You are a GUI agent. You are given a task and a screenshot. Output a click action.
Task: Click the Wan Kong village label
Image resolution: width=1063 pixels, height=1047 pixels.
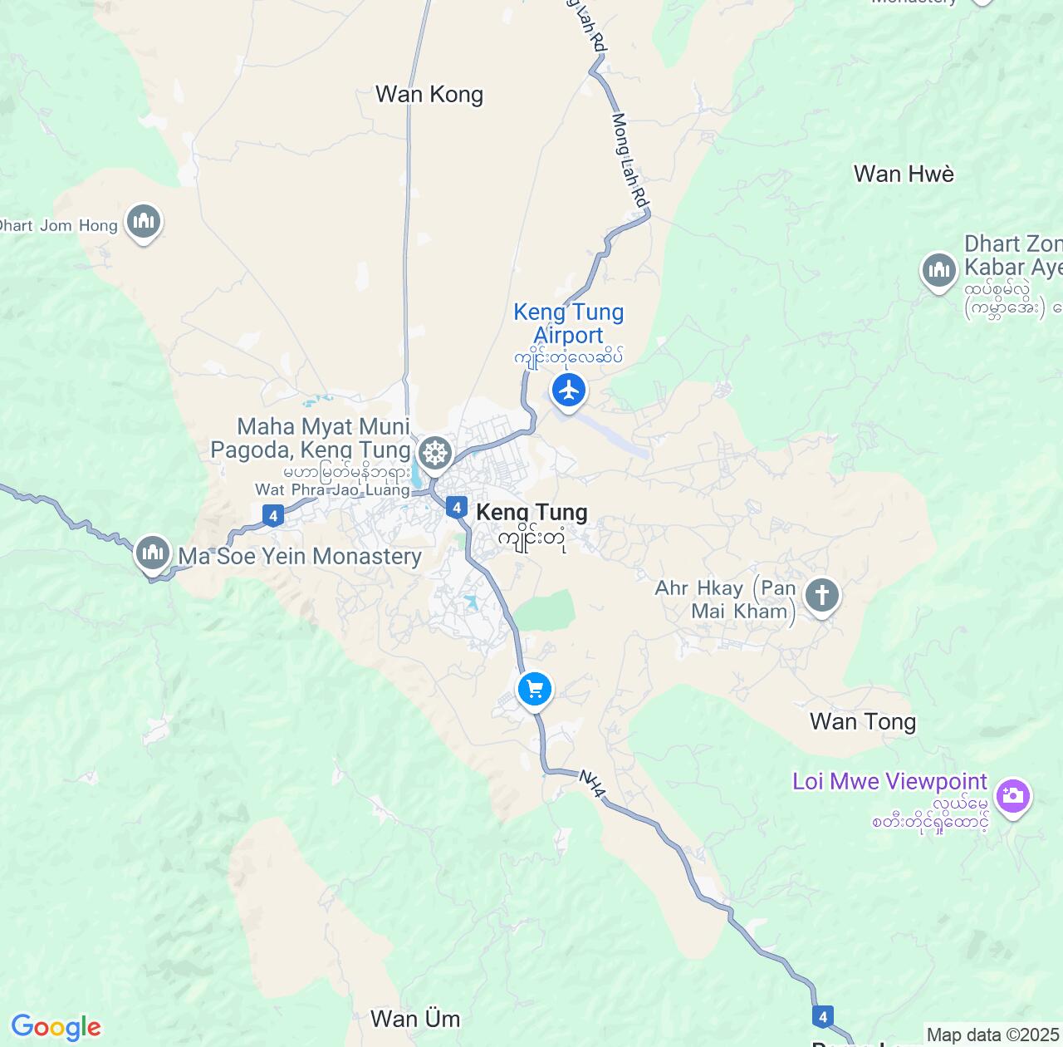click(x=429, y=95)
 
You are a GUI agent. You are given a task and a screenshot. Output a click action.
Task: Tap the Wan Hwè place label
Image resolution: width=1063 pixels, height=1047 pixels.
click(x=904, y=174)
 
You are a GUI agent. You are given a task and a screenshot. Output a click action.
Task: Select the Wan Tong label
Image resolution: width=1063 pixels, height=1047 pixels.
click(x=863, y=721)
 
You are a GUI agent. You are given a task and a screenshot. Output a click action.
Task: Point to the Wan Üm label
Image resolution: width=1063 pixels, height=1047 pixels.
click(x=414, y=1019)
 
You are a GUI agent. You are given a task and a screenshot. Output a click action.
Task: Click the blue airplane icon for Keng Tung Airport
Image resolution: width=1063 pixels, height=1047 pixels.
click(x=569, y=390)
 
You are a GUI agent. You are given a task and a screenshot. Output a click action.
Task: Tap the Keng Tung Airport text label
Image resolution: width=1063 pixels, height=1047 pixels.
click(x=569, y=324)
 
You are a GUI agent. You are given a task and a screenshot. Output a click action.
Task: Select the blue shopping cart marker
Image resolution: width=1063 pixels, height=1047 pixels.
click(x=535, y=689)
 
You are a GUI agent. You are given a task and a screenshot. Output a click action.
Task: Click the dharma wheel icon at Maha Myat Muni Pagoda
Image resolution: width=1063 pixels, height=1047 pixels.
click(x=434, y=453)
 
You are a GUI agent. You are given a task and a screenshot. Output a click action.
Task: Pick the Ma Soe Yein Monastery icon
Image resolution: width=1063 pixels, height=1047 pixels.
click(x=152, y=552)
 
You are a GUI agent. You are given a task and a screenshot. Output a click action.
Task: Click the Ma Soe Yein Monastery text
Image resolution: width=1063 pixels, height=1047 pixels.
click(x=300, y=557)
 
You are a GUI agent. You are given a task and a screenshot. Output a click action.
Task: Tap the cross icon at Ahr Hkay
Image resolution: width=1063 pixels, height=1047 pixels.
click(x=822, y=595)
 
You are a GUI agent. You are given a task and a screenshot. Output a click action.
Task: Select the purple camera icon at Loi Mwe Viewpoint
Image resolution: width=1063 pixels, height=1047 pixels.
click(x=1012, y=796)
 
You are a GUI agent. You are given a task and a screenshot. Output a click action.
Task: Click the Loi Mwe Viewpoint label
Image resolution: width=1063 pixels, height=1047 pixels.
click(x=889, y=782)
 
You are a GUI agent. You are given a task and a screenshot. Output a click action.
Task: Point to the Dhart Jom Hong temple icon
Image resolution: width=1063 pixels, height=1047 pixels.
click(x=144, y=221)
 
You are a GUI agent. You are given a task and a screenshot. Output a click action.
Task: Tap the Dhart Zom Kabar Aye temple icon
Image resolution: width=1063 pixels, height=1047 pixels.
click(x=939, y=270)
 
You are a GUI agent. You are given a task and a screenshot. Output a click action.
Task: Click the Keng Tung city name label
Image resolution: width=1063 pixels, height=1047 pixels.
click(x=531, y=514)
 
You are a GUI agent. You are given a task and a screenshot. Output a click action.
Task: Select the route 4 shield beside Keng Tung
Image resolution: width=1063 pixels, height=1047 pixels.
click(x=456, y=507)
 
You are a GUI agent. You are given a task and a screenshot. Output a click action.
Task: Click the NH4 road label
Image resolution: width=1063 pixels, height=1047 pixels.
click(x=591, y=784)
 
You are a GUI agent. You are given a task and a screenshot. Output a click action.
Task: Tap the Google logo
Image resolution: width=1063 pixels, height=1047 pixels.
click(x=56, y=1027)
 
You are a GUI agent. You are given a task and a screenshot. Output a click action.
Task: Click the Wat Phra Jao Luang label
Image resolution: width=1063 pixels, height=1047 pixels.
click(x=332, y=490)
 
